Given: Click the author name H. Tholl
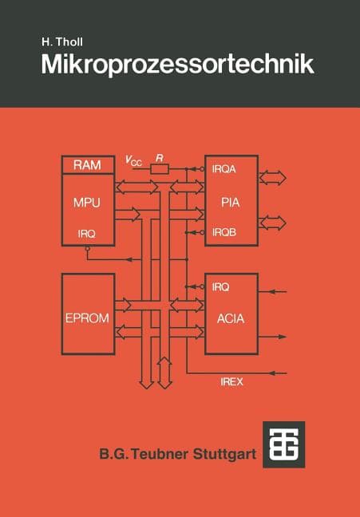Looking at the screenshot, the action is click(x=62, y=41).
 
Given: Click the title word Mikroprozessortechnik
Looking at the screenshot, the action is click(x=177, y=65).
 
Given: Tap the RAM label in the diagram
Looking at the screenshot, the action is click(x=87, y=165).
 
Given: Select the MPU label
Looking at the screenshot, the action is click(x=87, y=203).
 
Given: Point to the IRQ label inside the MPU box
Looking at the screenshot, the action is click(x=86, y=234).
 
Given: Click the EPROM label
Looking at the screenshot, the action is click(x=87, y=318).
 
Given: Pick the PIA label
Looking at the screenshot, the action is click(x=231, y=202).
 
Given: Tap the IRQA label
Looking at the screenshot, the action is click(x=224, y=169).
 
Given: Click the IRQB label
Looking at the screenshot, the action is click(x=224, y=232).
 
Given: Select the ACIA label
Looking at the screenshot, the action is click(x=231, y=318).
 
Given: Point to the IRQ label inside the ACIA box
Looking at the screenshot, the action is click(x=220, y=287).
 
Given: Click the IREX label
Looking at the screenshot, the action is click(x=231, y=382).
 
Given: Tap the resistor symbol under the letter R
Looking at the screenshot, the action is click(x=160, y=169).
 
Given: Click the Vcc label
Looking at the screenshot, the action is click(x=133, y=161).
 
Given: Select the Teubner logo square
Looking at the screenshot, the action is click(x=284, y=444).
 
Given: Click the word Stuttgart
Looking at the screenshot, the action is click(x=224, y=454).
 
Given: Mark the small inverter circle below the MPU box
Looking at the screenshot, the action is click(x=88, y=249).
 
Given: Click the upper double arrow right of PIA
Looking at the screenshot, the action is click(x=272, y=178).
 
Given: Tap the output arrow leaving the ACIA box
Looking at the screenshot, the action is click(x=272, y=337).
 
